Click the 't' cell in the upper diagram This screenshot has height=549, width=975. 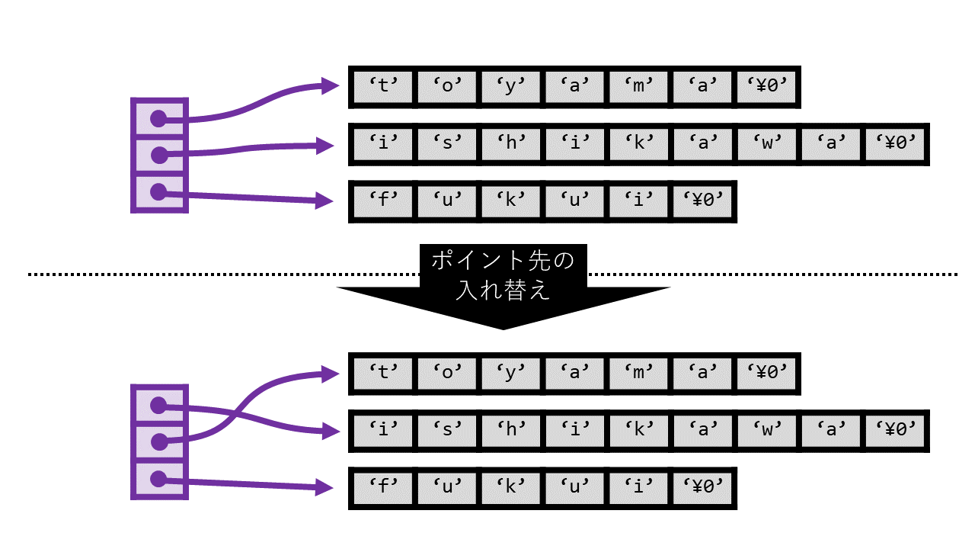tap(383, 87)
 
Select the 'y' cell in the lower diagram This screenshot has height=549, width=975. tap(511, 374)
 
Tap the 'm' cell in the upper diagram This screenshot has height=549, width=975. tap(639, 87)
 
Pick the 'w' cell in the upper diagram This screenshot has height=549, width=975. tap(767, 144)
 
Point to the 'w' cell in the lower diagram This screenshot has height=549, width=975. tap(767, 431)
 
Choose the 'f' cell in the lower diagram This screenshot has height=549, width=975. tap(383, 488)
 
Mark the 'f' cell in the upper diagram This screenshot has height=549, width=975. tap(383, 201)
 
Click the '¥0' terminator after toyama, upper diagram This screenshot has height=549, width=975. tap(767, 87)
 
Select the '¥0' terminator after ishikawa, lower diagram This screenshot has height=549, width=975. tap(895, 431)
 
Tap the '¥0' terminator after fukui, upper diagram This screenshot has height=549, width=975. tap(703, 201)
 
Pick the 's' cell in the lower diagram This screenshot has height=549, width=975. tap(447, 431)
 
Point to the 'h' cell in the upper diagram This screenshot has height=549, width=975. tap(511, 144)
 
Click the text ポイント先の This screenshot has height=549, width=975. tap(503, 262)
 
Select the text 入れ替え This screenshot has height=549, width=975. tap(503, 291)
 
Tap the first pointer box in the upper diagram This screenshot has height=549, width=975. tap(159, 118)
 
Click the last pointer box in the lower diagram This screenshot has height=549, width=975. tap(159, 480)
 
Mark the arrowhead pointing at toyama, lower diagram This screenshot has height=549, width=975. tap(330, 373)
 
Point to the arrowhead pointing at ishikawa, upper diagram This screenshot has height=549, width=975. tap(327, 145)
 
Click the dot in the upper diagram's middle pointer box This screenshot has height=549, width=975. tap(158, 156)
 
